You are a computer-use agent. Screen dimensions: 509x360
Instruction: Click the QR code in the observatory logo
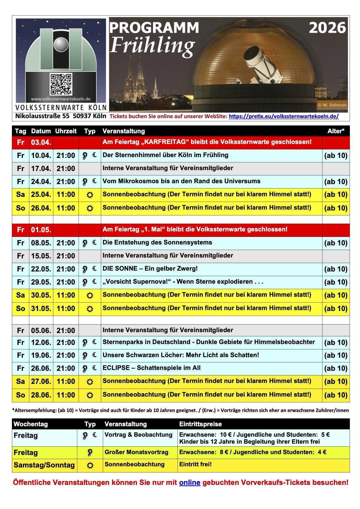tap(61, 84)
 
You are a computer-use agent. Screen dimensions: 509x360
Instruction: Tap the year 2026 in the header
tap(327, 28)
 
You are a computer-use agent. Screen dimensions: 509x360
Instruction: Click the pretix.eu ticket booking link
tap(284, 116)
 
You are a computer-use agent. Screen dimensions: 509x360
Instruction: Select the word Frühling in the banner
tap(152, 46)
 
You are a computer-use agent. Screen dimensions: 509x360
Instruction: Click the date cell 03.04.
tap(41, 143)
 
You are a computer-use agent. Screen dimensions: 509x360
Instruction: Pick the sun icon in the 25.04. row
tap(90, 195)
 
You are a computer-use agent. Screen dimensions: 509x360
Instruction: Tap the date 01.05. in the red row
tap(41, 230)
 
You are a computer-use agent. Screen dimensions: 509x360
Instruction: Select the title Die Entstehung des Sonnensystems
tap(157, 242)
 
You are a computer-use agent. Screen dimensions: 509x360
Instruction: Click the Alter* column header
tap(336, 131)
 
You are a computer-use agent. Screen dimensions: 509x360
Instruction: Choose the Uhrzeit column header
tap(66, 131)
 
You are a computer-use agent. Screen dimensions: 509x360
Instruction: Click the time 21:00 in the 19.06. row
tap(66, 355)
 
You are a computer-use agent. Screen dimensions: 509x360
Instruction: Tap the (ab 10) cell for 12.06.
tap(336, 343)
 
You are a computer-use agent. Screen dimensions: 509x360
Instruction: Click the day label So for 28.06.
tap(21, 395)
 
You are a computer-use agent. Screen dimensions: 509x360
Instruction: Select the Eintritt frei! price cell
tap(195, 464)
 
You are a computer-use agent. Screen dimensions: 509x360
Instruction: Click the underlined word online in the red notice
tap(190, 483)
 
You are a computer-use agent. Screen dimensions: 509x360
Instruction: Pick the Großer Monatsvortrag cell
tap(136, 452)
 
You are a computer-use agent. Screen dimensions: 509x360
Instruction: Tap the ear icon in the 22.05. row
tap(85, 269)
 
